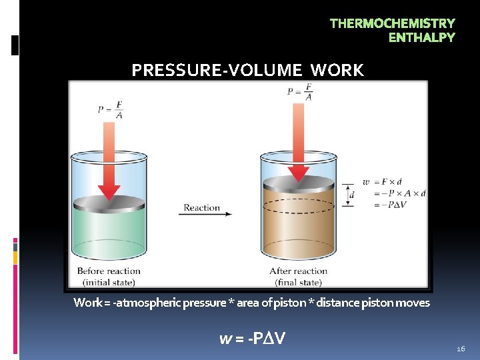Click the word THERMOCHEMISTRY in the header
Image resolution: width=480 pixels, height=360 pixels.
point(392,23)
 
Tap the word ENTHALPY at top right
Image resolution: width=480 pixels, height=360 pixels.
point(421,37)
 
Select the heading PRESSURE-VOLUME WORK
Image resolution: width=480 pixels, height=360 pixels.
point(247,70)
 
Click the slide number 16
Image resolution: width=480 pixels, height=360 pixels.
point(461,349)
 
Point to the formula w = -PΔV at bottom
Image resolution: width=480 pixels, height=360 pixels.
point(253,339)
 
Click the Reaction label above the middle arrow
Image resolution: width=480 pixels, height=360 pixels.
point(202,207)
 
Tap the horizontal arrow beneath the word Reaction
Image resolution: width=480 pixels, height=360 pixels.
point(207,215)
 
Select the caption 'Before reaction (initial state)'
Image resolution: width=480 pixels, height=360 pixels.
point(109,276)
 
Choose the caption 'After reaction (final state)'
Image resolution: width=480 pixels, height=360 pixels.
point(298,276)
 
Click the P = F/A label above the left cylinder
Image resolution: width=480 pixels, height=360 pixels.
point(110,109)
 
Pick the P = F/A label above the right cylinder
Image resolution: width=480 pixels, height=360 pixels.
point(300,92)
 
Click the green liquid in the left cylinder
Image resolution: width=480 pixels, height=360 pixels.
point(108,233)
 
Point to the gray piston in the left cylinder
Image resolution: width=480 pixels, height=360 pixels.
point(108,202)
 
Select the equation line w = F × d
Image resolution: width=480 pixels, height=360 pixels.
point(385,181)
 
